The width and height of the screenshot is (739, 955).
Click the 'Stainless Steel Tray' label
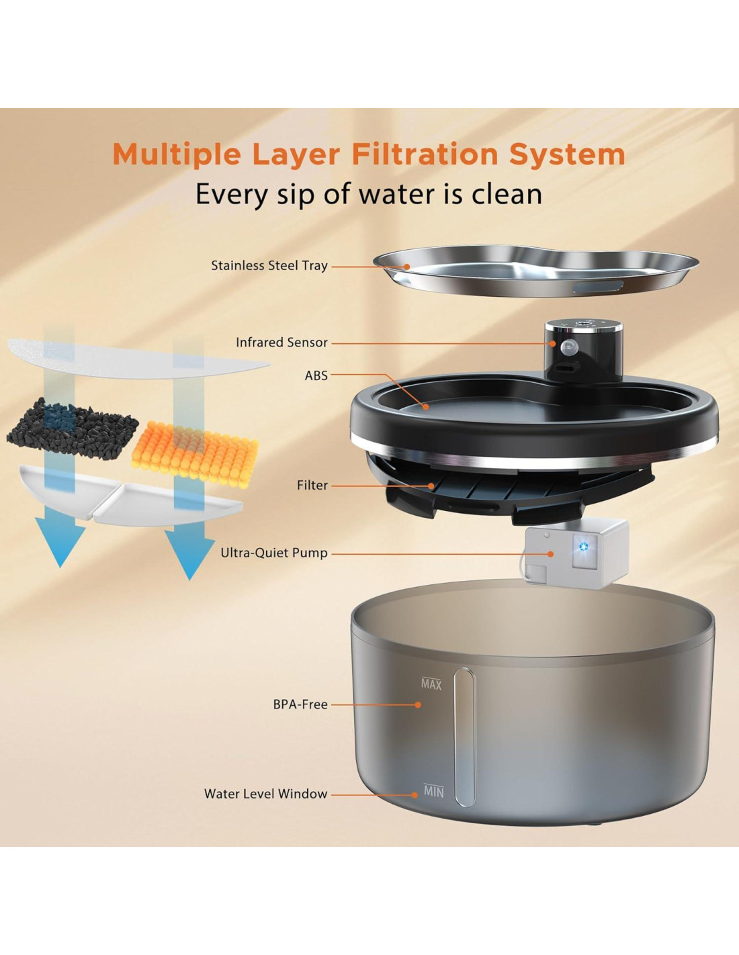(x=269, y=266)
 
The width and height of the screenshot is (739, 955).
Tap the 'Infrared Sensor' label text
(x=281, y=343)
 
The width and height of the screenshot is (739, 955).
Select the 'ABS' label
(x=316, y=376)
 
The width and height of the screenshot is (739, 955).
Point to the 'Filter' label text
(x=312, y=486)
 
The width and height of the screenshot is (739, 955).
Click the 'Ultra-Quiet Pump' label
(x=274, y=553)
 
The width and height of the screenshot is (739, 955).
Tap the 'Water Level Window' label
(x=265, y=794)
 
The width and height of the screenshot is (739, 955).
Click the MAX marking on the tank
(x=431, y=684)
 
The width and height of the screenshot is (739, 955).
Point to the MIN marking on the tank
(x=433, y=792)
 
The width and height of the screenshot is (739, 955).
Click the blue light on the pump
(x=584, y=546)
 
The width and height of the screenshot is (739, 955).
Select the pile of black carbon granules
(x=73, y=429)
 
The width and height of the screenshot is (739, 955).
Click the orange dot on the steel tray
(x=407, y=267)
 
